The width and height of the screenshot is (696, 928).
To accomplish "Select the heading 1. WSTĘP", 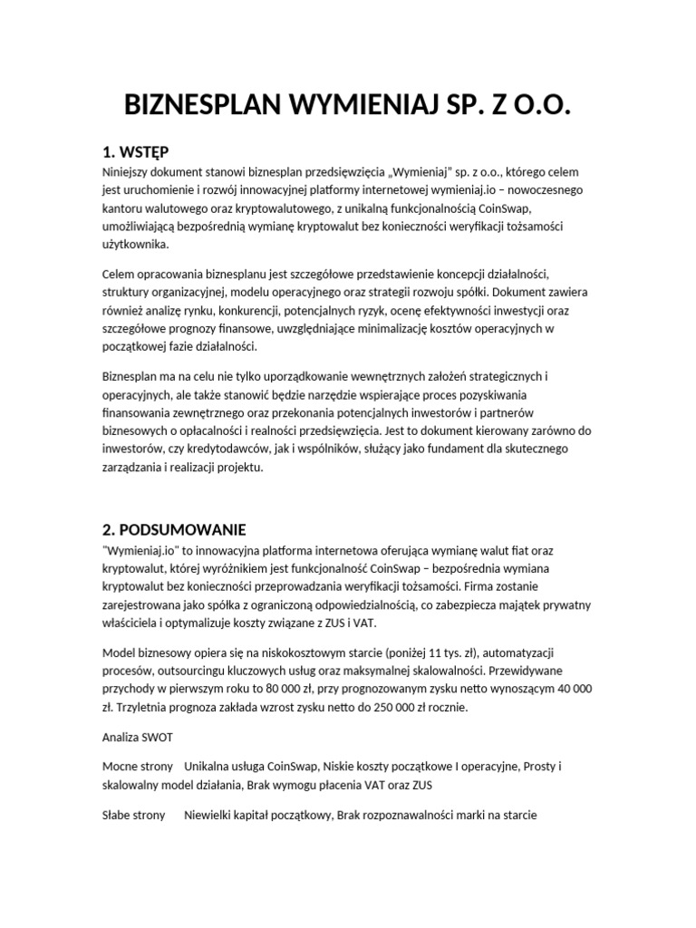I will point(136,150).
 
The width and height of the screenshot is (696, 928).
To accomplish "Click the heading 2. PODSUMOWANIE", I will point(174,528).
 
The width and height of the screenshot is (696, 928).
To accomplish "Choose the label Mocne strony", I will point(135,767).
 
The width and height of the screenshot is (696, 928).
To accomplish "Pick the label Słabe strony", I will point(134,816).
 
